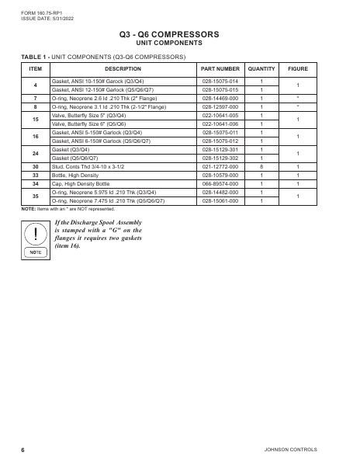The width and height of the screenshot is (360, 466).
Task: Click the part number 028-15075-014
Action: tap(220, 81)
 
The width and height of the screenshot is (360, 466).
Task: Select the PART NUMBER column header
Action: tap(220, 69)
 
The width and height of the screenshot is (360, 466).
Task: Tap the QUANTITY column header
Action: tap(261, 69)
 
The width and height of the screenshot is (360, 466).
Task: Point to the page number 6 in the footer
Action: tap(23, 450)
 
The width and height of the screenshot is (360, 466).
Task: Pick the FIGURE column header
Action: tap(298, 69)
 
